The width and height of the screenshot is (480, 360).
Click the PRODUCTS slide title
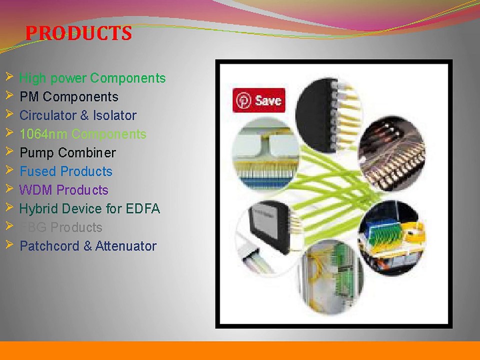tap(78, 33)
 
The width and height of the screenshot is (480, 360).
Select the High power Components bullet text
tap(92, 78)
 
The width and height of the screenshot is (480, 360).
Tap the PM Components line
tap(69, 97)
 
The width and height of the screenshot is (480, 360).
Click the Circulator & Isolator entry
tap(77, 115)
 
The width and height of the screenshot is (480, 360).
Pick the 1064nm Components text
tap(82, 134)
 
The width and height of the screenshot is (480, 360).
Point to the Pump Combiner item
tap(67, 153)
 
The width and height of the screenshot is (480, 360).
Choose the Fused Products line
tap(66, 171)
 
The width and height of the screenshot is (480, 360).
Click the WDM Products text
tap(63, 190)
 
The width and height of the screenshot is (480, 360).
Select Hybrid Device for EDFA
tap(89, 209)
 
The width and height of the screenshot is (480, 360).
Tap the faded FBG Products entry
tap(60, 227)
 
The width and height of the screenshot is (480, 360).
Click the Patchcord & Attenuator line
tap(87, 246)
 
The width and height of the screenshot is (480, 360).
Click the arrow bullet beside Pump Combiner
tap(9, 151)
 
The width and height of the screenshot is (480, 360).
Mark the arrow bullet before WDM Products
tap(9, 188)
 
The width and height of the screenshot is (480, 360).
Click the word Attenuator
tap(125, 246)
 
